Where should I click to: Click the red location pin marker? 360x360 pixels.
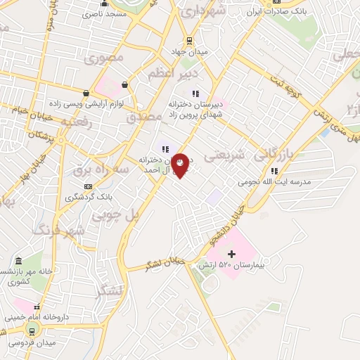pyautogui.click(x=181, y=165)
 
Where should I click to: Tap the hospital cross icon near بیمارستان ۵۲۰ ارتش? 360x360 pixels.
pyautogui.click(x=232, y=253)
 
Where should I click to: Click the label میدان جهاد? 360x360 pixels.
pyautogui.click(x=188, y=51)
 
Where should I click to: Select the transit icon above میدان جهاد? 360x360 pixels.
pyautogui.click(x=188, y=41)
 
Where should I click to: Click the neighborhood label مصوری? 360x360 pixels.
pyautogui.click(x=108, y=58)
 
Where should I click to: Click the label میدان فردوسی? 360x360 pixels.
pyautogui.click(x=34, y=343)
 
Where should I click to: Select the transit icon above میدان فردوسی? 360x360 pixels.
pyautogui.click(x=31, y=330)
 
